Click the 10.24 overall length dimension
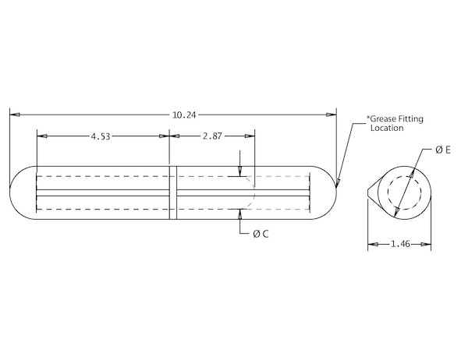click(184, 115)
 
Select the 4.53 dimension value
click(101, 136)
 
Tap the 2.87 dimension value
click(212, 136)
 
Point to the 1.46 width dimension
click(400, 244)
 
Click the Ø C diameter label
click(261, 234)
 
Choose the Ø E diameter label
click(443, 150)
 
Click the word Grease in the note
click(381, 119)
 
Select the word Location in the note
click(387, 129)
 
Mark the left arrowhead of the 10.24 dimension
click(15, 115)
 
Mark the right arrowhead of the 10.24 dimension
click(331, 115)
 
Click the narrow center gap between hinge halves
click(173, 192)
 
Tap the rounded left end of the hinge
click(10, 192)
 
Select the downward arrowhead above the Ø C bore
click(239, 171)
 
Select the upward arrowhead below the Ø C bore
click(239, 214)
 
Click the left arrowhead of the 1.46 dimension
click(373, 244)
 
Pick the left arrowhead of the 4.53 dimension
click(42, 136)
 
